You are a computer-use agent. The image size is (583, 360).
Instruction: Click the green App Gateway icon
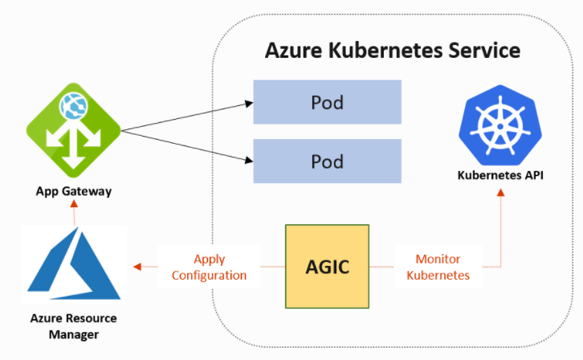[x=74, y=130]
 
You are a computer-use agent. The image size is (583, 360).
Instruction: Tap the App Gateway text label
[x=74, y=191]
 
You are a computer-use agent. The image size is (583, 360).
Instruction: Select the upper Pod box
[x=327, y=102]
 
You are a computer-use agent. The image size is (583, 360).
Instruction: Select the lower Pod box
[x=327, y=161]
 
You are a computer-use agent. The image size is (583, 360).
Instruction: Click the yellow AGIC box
[x=327, y=266]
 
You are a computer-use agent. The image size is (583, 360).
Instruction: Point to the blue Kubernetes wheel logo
[x=500, y=125]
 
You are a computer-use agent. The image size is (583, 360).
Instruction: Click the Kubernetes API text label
[x=500, y=175]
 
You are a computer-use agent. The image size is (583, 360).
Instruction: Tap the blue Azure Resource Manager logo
[x=74, y=264]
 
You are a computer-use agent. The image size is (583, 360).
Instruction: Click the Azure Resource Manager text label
[x=74, y=326]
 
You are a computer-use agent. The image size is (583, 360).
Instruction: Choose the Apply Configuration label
[x=209, y=267]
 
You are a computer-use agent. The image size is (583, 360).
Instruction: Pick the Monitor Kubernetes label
[x=438, y=267]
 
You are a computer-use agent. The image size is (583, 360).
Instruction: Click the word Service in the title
[x=484, y=50]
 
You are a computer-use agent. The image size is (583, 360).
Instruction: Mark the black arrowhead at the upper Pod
[x=249, y=104]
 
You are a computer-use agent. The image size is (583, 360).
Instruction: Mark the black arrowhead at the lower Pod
[x=249, y=160]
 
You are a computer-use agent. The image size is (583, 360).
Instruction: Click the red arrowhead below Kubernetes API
[x=501, y=192]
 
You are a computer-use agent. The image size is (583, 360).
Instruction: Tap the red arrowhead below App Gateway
[x=75, y=203]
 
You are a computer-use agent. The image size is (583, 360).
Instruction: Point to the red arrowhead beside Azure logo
[x=137, y=267]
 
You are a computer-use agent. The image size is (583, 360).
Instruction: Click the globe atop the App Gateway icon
[x=74, y=106]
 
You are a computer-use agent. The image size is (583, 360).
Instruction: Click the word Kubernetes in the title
[x=385, y=50]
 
